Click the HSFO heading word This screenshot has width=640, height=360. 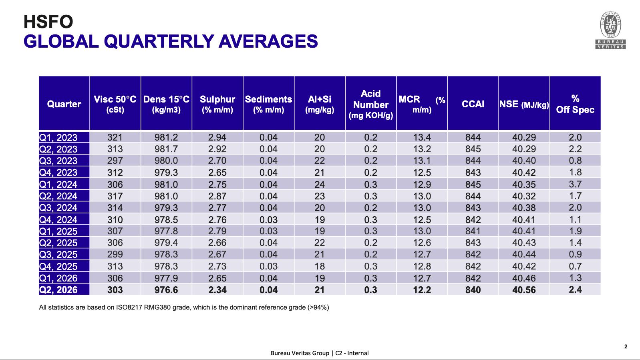click(x=48, y=22)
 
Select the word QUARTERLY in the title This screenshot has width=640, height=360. click(x=159, y=41)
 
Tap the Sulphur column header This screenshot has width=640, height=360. click(x=217, y=104)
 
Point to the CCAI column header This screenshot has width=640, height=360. click(x=473, y=104)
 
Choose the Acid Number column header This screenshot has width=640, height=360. click(x=371, y=104)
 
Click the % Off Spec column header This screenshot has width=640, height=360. click(x=575, y=104)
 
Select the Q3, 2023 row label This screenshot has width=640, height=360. click(x=58, y=161)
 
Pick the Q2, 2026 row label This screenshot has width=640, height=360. click(x=58, y=290)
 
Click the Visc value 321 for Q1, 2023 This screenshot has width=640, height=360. click(x=115, y=137)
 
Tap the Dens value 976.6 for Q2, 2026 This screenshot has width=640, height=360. click(x=166, y=290)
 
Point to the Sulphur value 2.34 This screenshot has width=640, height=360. click(x=217, y=290)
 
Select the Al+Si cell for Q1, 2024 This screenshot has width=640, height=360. click(x=320, y=185)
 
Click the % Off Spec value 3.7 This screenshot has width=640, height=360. click(x=575, y=184)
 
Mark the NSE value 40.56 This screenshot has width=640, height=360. click(x=524, y=290)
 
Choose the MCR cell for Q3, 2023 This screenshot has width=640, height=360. click(x=422, y=161)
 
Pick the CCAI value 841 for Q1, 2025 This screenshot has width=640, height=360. click(x=473, y=231)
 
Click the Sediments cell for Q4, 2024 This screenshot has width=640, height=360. click(x=268, y=220)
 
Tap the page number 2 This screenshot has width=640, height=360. click(x=626, y=346)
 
